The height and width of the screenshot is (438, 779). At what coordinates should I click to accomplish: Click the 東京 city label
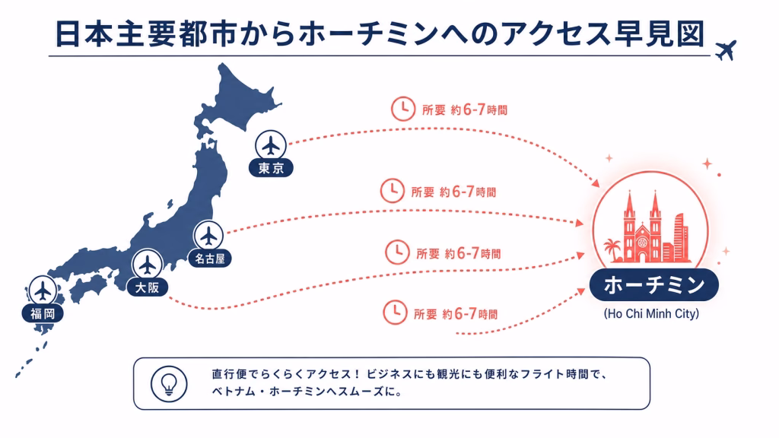271,168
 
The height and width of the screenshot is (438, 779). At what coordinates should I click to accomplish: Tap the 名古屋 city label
210,259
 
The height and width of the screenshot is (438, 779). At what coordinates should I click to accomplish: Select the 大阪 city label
147,287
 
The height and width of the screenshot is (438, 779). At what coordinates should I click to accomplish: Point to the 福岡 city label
43,313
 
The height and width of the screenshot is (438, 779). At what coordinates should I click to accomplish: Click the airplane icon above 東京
271,145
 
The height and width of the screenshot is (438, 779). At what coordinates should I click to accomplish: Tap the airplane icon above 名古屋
208,236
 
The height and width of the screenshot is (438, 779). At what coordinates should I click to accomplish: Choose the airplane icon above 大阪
148,264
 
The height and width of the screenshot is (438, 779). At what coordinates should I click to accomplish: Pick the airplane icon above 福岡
43,290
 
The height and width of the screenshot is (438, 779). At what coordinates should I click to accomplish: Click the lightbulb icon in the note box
169,384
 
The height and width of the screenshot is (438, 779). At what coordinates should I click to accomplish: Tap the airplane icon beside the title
726,49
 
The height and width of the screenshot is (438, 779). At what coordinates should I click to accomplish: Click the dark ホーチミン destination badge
653,285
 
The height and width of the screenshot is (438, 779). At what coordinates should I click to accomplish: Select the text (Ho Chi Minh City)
651,314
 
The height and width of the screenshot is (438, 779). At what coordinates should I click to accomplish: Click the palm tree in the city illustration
612,249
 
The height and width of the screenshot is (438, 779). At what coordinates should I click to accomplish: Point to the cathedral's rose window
642,243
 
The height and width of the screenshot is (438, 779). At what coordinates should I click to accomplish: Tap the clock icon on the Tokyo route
403,109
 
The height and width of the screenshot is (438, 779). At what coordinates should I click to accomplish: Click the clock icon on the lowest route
395,313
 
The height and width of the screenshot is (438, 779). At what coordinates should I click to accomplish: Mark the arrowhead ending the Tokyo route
595,183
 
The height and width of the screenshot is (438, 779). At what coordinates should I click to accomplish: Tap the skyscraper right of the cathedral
680,238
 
